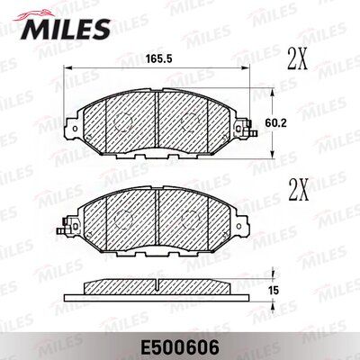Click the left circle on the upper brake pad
pos(119,121)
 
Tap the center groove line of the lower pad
pos(157,212)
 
